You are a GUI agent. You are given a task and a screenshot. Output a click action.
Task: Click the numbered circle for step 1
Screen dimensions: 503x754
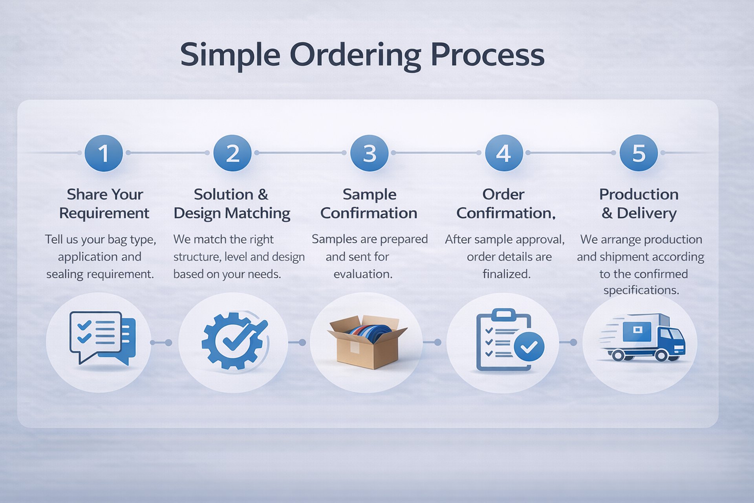(104, 153)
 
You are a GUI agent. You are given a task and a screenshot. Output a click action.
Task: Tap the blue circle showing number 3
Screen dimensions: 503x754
(369, 153)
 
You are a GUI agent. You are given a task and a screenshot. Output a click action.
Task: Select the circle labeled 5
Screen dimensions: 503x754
(639, 153)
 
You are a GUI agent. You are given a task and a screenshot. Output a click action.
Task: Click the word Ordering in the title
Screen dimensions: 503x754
(355, 55)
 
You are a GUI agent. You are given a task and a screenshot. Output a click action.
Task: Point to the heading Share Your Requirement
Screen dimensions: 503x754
(104, 204)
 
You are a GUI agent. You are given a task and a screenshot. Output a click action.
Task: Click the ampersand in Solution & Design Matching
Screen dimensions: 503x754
(263, 195)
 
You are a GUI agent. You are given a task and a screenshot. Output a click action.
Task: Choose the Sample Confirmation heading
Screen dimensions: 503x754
(369, 204)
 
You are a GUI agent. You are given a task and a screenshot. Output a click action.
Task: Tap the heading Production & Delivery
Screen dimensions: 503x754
(639, 204)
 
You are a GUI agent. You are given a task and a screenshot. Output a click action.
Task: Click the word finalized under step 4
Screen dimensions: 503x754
(506, 274)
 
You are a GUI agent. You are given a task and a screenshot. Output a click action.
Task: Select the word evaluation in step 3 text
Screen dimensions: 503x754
(363, 274)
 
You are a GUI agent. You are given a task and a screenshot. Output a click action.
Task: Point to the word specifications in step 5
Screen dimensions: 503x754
(641, 290)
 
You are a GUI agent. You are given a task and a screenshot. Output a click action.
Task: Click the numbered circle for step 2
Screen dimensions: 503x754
(232, 153)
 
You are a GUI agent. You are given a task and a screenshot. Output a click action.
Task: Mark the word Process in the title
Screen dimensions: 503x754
(487, 55)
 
